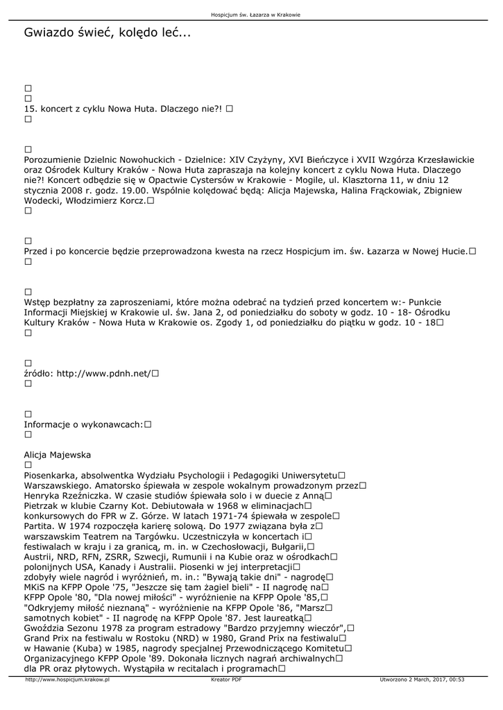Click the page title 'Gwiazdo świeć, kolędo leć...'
pyautogui.click(x=107, y=33)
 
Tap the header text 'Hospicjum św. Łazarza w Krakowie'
pyautogui.click(x=250, y=15)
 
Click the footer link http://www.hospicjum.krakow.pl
pyautogui.click(x=68, y=679)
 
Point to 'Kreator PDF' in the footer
pyautogui.click(x=226, y=679)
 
